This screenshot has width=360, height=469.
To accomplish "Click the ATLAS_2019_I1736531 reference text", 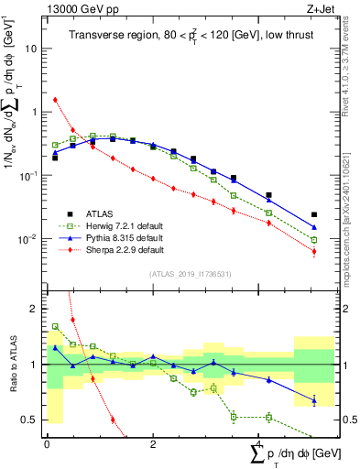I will coord(190,274).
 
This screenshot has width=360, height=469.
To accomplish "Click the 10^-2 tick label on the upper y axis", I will coord(31,239).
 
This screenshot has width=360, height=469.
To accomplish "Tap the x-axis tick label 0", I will coord(47,444).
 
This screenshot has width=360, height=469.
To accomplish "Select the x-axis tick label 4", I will coord(258,444).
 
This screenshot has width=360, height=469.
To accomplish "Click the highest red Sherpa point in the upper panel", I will coord(55,100).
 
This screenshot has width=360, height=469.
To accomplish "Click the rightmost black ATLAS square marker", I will coord(314,215).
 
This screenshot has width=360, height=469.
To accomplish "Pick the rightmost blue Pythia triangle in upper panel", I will coord(314,227).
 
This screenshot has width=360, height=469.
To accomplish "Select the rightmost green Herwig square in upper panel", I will coord(314,240).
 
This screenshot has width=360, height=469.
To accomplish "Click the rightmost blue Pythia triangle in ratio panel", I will coord(314,399).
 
